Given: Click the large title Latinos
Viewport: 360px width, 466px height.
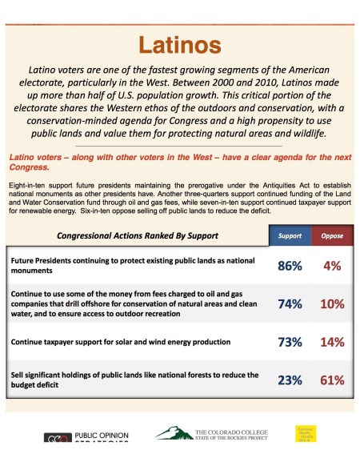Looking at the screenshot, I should tap(180, 43).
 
